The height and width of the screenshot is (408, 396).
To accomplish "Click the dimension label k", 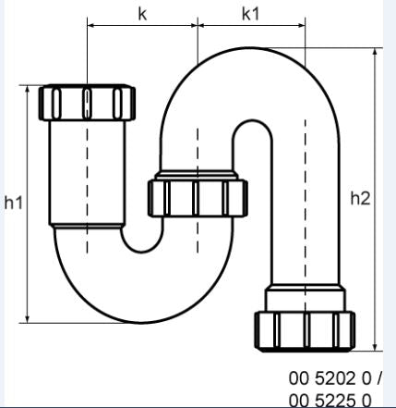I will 141,14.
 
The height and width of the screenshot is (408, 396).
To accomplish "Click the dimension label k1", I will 250,14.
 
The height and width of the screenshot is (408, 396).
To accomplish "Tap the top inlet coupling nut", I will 87,102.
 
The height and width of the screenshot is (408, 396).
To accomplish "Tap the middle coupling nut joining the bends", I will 198,195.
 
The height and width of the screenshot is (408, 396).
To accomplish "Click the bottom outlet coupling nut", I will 305,328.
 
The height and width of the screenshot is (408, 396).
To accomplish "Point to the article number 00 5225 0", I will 329,399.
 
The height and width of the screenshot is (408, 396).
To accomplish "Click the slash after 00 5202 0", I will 378,378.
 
